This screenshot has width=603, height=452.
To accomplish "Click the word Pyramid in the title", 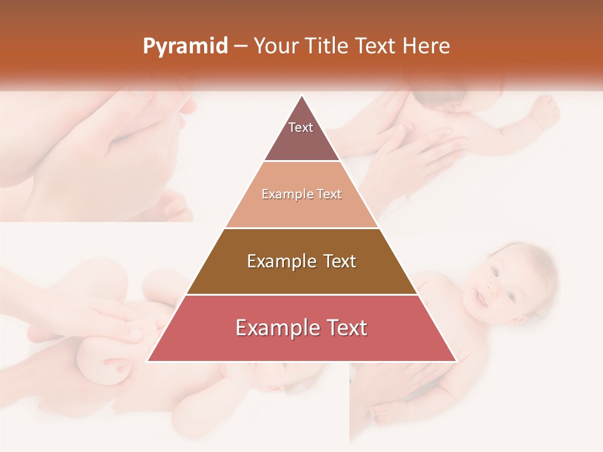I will [x=185, y=46].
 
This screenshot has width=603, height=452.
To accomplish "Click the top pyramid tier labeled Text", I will [x=301, y=135].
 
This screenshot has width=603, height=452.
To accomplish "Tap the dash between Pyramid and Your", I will [x=240, y=46].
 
